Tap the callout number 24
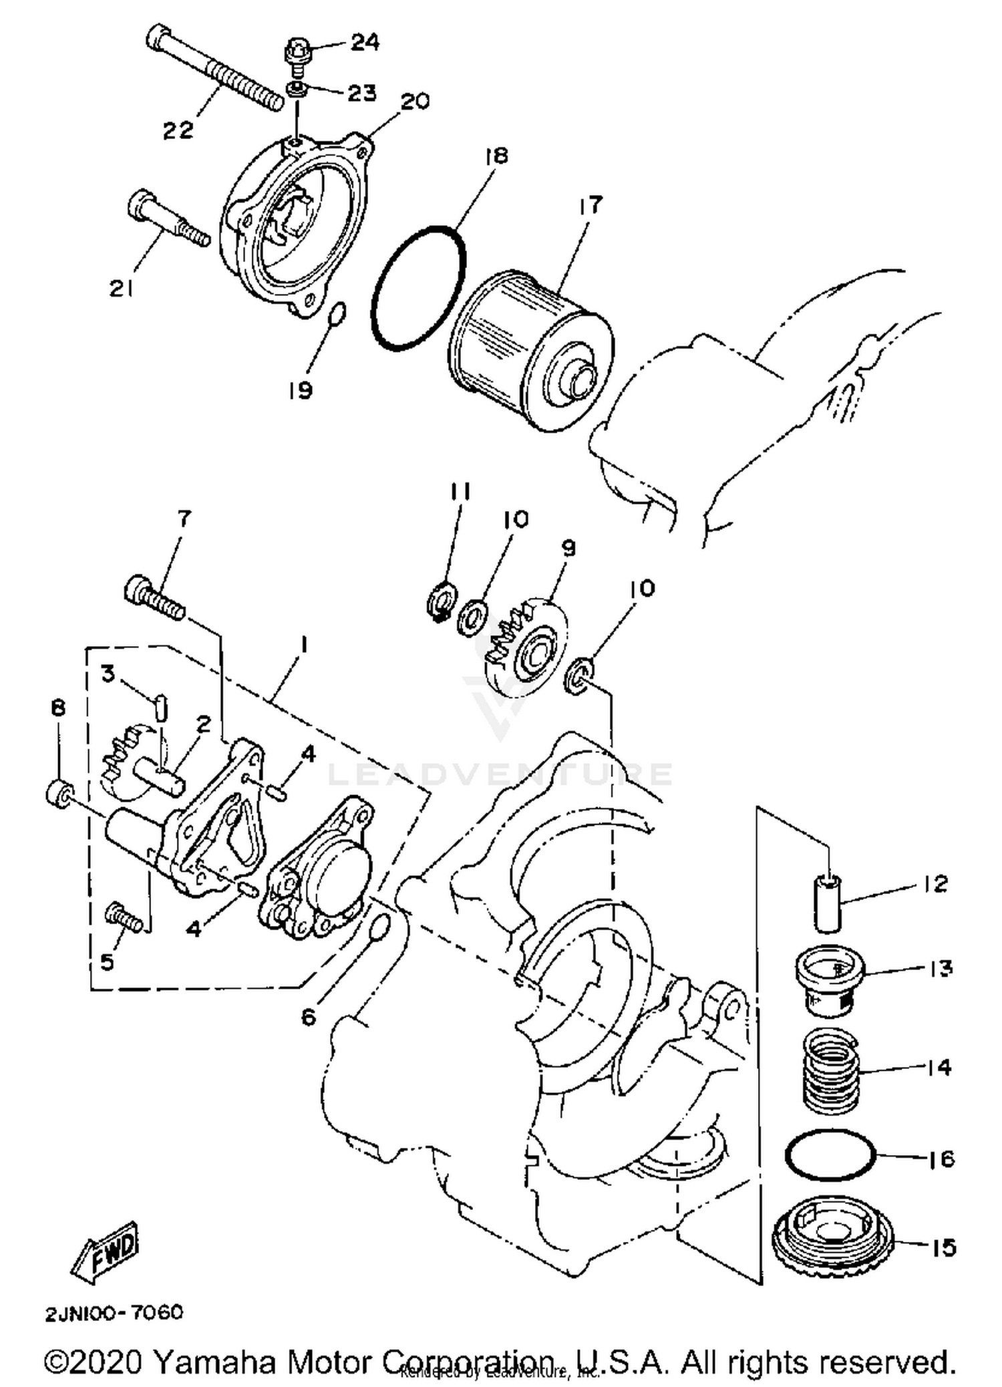point(365,43)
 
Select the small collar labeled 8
point(58,793)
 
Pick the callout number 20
point(415,102)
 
